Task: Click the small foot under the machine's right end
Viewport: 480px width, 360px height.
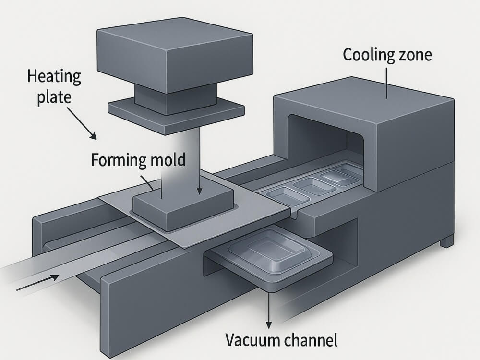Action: (446, 241)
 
